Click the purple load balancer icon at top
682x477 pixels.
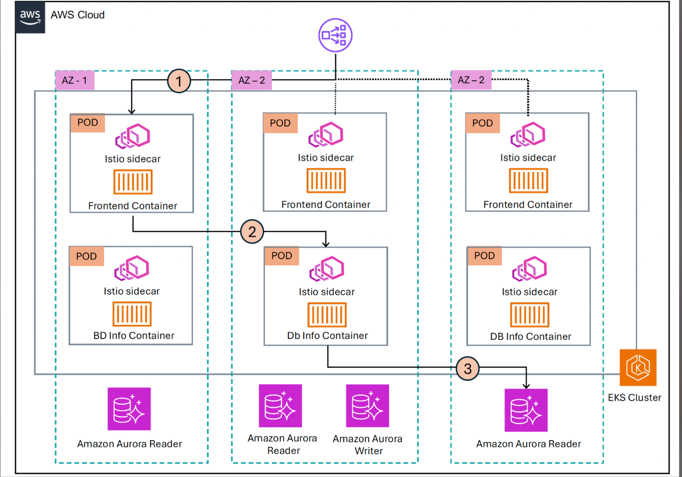coord(335,35)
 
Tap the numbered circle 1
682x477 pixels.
coord(179,81)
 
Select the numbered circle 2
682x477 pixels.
coord(252,232)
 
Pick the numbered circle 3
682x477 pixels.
coord(468,368)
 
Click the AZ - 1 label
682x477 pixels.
coord(75,80)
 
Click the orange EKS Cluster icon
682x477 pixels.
coord(638,368)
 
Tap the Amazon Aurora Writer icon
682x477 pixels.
coord(367,406)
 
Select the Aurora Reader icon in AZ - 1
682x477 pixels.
coord(129,409)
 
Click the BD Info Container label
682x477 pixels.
coord(134,336)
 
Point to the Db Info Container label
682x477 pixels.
coord(327,336)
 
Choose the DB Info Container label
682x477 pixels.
coord(530,336)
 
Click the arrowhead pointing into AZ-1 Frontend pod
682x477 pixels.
coord(132,111)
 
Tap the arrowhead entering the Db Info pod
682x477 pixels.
coord(326,245)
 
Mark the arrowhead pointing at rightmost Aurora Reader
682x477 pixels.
coord(526,386)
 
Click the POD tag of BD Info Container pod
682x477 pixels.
coord(87,256)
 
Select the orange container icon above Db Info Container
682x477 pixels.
coord(327,315)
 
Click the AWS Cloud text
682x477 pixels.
coord(77,15)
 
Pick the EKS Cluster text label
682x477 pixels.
coord(634,398)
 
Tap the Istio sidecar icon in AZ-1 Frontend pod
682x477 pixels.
coord(132,136)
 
